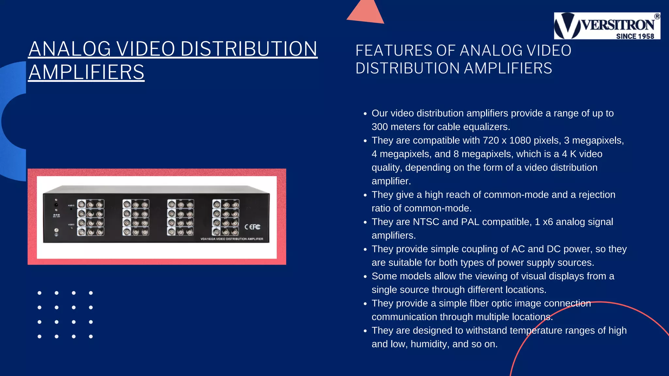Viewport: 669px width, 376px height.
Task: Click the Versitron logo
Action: click(x=607, y=26)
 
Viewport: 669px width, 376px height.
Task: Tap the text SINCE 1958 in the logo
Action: click(x=635, y=36)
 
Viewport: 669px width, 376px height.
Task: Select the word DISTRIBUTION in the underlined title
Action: click(x=249, y=49)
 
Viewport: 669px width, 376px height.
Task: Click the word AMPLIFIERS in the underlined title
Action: click(x=86, y=72)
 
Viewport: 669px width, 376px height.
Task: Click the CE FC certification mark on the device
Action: click(x=253, y=227)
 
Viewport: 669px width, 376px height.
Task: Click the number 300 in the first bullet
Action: click(x=380, y=127)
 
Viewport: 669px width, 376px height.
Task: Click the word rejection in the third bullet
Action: click(x=597, y=195)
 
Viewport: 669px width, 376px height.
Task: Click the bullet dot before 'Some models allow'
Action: click(x=365, y=277)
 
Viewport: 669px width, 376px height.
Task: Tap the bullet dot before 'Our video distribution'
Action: click(x=365, y=114)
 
